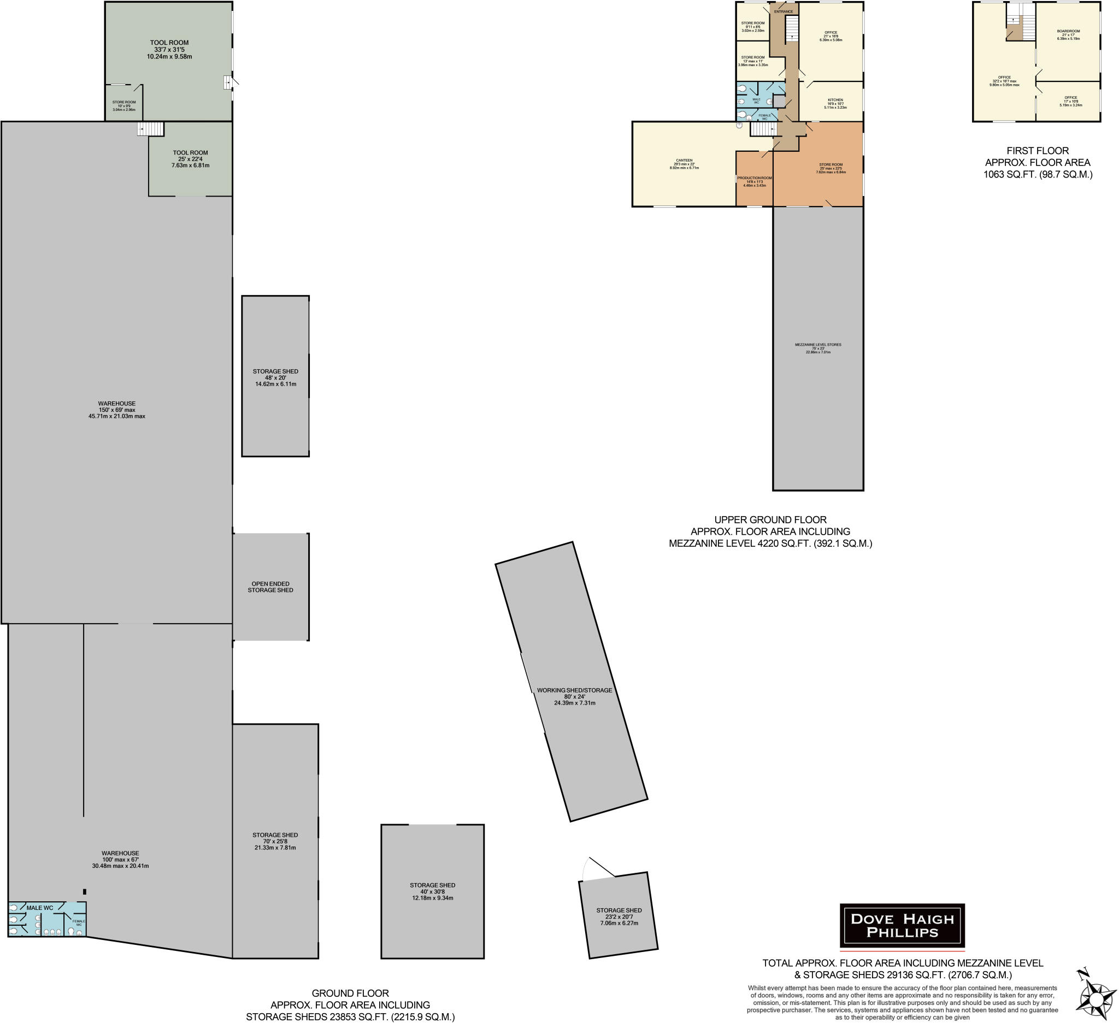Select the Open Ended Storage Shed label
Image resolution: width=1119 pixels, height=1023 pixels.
270,587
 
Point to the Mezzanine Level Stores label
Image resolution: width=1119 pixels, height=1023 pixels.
817,345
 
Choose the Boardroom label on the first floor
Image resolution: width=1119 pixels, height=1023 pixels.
1068,31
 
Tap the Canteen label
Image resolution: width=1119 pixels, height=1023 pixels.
684,161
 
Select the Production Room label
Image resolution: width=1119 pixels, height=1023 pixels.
755,178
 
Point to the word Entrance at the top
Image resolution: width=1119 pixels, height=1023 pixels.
783,11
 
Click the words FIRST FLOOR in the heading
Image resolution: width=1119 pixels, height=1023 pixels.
1038,150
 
